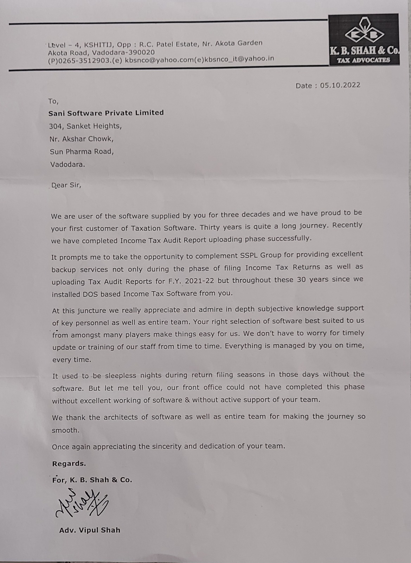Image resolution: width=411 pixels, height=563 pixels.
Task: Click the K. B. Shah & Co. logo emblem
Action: (x=364, y=33)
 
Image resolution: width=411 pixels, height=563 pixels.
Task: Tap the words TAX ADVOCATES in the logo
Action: (x=364, y=60)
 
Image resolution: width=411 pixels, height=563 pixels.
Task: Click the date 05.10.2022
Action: (x=340, y=86)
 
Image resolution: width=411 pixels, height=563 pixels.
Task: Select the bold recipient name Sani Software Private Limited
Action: (x=106, y=113)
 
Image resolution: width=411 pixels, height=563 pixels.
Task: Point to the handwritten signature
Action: (x=82, y=503)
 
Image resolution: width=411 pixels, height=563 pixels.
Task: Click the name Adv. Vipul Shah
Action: (x=90, y=530)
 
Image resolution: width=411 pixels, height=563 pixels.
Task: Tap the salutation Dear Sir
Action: (x=66, y=185)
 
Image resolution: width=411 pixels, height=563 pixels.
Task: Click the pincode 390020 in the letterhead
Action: (x=142, y=52)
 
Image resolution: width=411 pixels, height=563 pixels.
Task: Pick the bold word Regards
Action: (x=69, y=463)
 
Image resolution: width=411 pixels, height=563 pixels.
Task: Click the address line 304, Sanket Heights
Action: (x=85, y=126)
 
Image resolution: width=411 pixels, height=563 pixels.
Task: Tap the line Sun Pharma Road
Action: (x=82, y=152)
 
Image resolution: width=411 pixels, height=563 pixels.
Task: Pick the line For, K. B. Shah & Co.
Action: (x=92, y=480)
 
